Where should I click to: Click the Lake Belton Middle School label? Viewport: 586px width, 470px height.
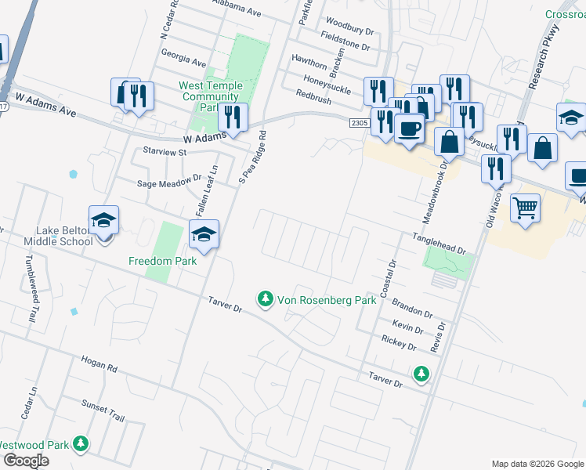coord(64,236)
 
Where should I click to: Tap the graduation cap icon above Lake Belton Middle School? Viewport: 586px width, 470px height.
coord(103,220)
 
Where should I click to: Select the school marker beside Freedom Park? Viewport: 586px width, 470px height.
coord(204,235)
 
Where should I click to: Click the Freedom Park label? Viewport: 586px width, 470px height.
coord(163,261)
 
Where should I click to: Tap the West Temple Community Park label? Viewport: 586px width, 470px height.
coord(209,96)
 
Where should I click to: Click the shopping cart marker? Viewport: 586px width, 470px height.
coord(525,208)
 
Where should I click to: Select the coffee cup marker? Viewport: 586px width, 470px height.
coord(408,128)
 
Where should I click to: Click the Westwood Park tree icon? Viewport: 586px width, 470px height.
coord(80,445)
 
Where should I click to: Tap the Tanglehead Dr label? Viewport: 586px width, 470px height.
coord(439,243)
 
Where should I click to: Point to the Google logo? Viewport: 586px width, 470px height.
coord(25,461)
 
